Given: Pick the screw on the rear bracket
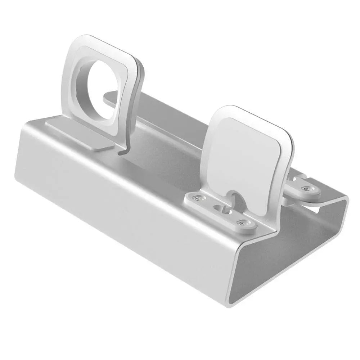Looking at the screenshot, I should click(x=306, y=188).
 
